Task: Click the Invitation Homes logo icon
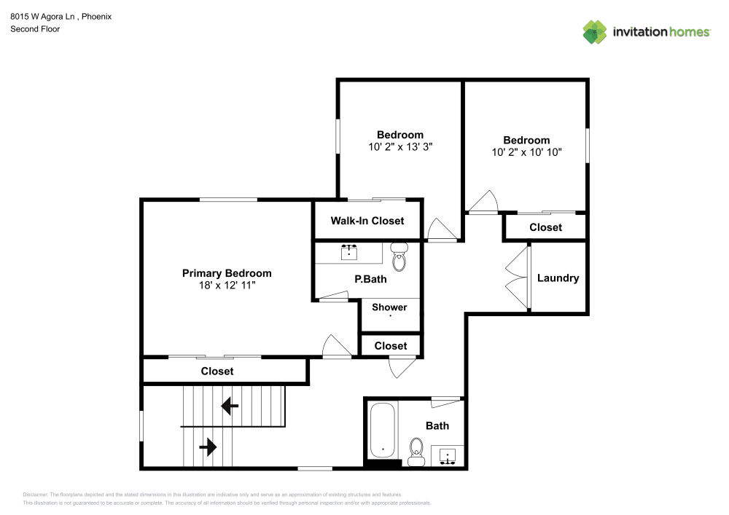point(594,31)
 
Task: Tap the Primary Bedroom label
point(227,273)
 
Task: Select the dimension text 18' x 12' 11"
point(227,286)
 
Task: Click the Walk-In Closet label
point(367,221)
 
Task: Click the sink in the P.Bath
point(349,252)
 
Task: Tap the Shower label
point(389,307)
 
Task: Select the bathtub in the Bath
point(383,431)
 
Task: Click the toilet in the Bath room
point(416,451)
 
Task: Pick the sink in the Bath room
point(448,455)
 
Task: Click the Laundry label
point(558,278)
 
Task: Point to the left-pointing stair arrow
point(230,406)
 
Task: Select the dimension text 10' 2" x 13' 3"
point(399,146)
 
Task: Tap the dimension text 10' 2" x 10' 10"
point(526,152)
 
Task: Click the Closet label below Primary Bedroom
point(217,371)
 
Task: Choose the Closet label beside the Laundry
point(545,227)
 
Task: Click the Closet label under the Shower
point(391,345)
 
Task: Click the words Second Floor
point(35,29)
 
